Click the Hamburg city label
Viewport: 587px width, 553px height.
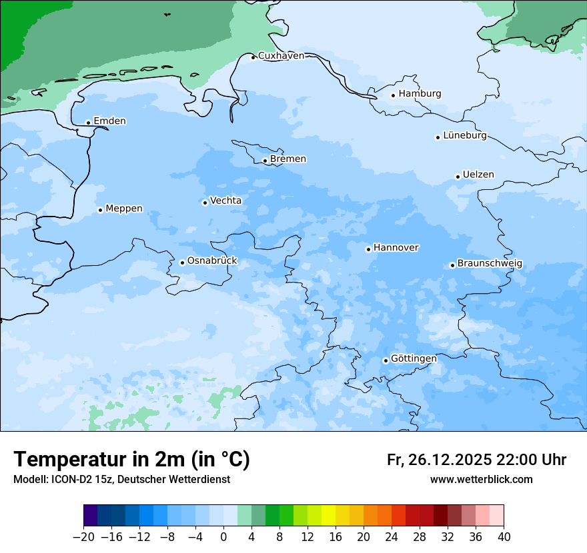point(420,94)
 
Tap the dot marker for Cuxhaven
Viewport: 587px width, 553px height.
point(253,57)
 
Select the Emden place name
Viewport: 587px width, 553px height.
point(109,121)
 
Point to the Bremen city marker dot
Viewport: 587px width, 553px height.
point(265,161)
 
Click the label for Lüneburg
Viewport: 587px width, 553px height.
point(464,136)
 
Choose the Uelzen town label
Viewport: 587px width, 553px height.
point(478,175)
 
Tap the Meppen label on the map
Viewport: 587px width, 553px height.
point(124,209)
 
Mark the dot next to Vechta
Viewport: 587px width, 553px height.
point(205,203)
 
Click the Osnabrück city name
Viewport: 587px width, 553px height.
point(212,261)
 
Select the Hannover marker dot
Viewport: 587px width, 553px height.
point(368,249)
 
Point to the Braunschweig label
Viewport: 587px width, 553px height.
point(490,264)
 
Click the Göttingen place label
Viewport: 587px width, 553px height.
point(414,359)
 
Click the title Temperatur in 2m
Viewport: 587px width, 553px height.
point(131,459)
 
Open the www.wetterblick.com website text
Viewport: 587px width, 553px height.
point(481,480)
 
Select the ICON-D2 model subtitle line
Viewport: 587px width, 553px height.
point(121,480)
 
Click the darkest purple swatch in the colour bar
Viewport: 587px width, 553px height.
point(91,516)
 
